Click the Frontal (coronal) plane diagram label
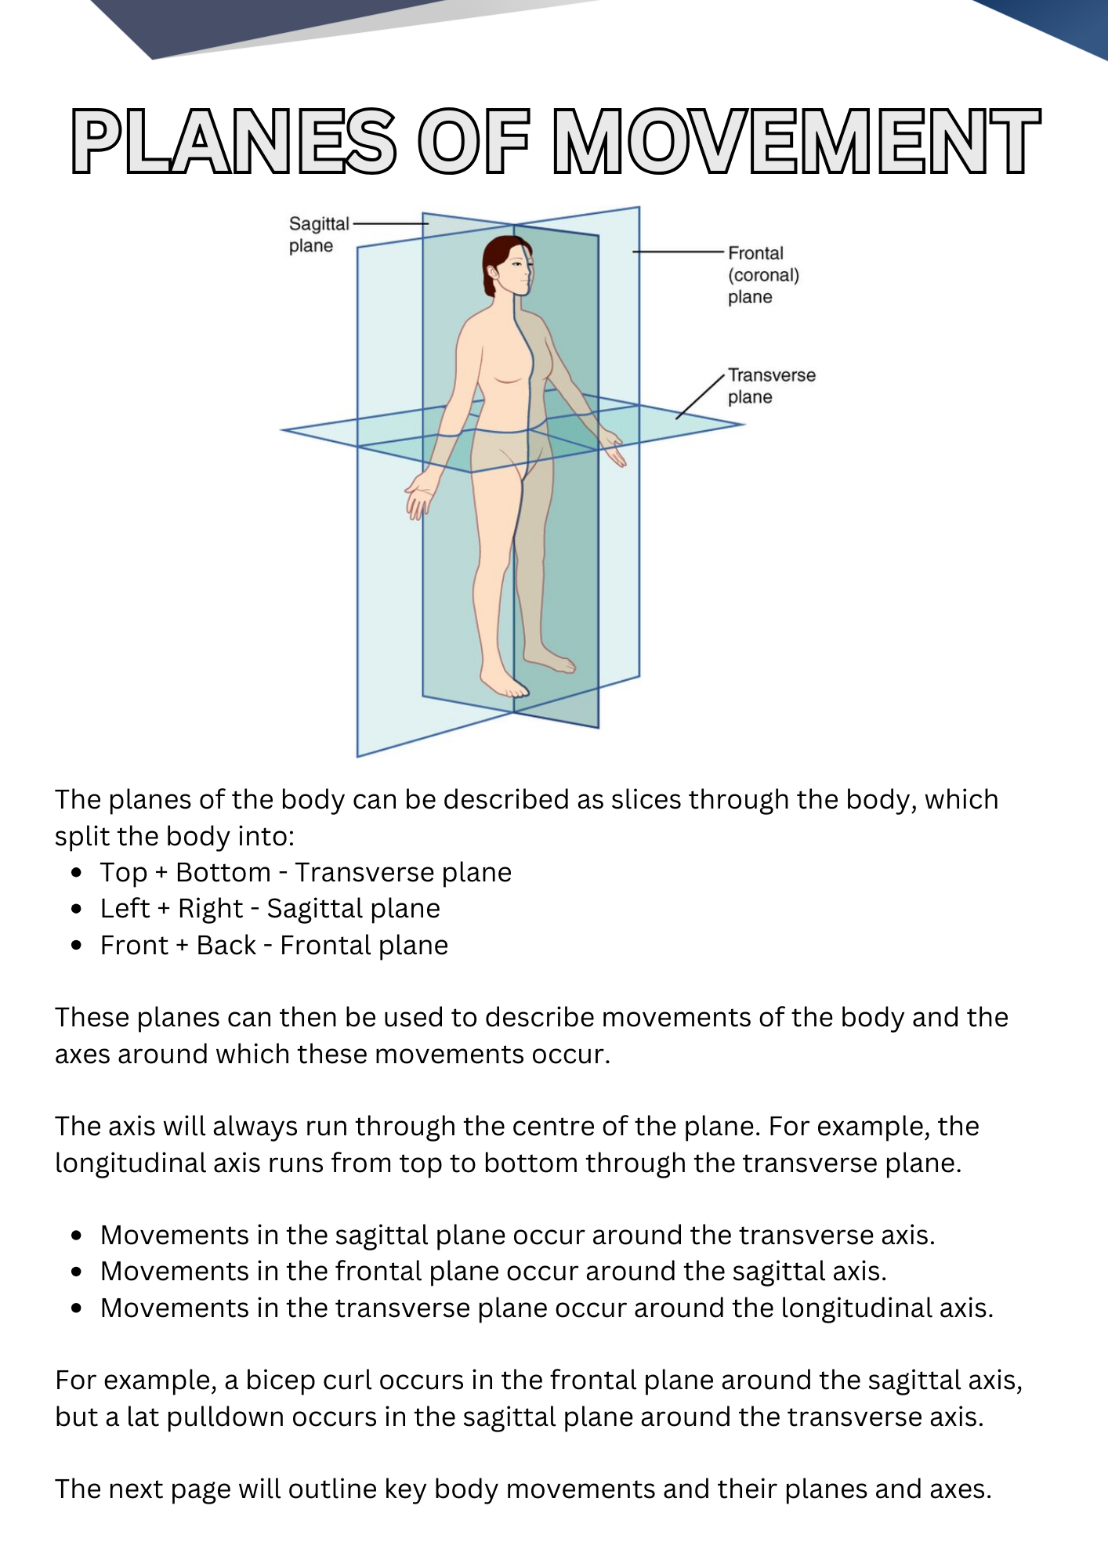tap(762, 275)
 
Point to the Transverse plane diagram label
tap(770, 385)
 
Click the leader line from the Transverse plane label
tap(700, 396)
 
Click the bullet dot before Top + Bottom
tap(76, 873)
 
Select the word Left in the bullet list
tap(125, 909)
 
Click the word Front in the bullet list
tap(134, 946)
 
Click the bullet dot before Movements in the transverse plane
tap(76, 1308)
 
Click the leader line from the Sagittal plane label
tap(389, 223)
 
